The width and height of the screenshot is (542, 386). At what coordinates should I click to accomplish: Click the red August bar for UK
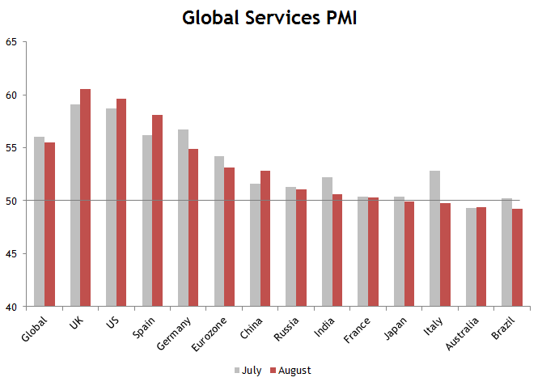85,198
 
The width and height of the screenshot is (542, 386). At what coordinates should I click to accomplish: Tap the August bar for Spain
157,210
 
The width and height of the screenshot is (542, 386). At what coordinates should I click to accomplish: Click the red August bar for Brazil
516,257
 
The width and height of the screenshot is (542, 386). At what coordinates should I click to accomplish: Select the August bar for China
265,239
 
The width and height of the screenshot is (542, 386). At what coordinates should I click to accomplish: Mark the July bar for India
327,242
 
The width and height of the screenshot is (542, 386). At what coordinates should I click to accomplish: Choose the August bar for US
121,202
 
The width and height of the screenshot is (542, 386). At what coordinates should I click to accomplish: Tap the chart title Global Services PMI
269,17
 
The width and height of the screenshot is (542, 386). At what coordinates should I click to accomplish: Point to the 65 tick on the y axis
11,42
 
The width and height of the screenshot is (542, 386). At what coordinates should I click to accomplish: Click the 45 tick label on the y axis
11,254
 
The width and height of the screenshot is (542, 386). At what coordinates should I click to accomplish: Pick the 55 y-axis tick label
11,148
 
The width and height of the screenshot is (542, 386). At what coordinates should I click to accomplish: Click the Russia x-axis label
288,327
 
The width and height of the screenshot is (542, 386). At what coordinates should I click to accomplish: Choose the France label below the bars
359,328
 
